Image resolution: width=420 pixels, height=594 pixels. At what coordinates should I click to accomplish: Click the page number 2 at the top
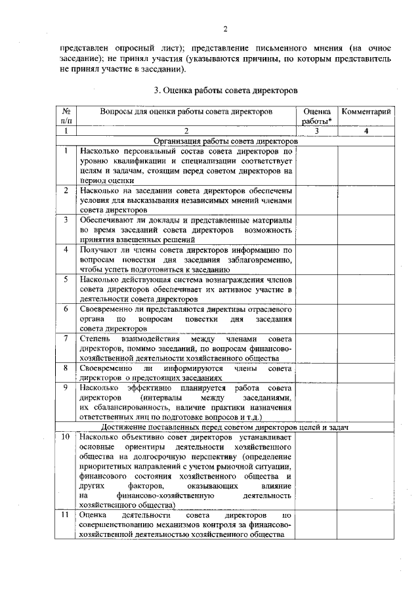(x=224, y=29)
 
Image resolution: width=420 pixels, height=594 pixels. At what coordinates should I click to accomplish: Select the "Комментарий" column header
(x=367, y=112)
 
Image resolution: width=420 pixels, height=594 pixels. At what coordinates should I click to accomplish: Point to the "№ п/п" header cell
(x=66, y=117)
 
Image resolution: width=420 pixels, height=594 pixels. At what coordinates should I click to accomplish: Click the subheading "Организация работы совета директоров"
(x=225, y=140)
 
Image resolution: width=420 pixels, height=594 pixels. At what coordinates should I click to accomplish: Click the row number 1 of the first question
(x=66, y=150)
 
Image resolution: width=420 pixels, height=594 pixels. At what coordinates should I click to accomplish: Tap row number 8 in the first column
(x=66, y=368)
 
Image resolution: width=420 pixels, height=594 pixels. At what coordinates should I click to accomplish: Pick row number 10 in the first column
(x=66, y=436)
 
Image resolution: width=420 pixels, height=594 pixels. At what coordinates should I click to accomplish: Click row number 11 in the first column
(x=66, y=517)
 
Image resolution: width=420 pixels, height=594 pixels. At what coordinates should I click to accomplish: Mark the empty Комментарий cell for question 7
(x=367, y=349)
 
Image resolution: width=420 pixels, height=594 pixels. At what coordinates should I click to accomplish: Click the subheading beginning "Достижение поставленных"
(x=225, y=427)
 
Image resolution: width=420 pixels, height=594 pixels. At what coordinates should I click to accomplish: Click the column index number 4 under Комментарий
(x=367, y=132)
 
